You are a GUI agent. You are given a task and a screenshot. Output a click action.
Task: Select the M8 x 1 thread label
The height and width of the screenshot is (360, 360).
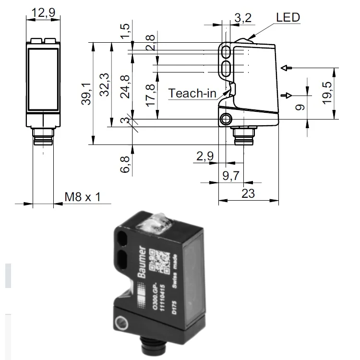[x=82, y=196]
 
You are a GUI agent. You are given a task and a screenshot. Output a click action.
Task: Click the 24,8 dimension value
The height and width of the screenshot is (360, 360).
[x=126, y=86]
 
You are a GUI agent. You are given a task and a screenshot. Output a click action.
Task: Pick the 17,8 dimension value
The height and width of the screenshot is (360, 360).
[x=150, y=95]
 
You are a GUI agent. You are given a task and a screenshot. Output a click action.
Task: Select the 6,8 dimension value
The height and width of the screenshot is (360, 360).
[x=126, y=164]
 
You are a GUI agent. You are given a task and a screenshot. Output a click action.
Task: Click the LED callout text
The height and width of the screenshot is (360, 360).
[x=288, y=18]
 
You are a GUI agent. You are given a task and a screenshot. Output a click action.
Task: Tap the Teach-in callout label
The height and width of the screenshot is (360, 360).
[x=192, y=93]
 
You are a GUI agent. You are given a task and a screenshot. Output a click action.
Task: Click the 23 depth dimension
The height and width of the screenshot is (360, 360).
[x=248, y=194]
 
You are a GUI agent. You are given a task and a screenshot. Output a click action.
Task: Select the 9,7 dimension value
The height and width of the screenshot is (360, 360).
[x=231, y=176]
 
